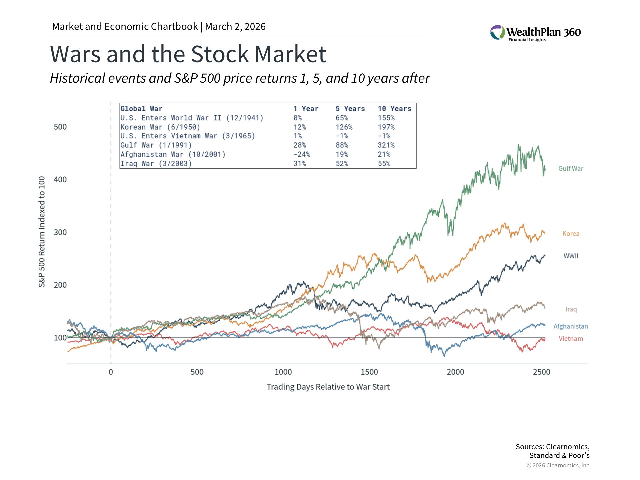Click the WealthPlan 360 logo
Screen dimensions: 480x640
click(x=535, y=33)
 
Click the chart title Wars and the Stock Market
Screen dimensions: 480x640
click(x=188, y=54)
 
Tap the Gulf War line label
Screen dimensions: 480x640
click(x=571, y=169)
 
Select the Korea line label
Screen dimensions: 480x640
click(x=571, y=234)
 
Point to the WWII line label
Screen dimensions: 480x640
click(x=571, y=256)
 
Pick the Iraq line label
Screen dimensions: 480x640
click(x=571, y=309)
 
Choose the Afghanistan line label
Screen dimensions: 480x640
click(x=570, y=326)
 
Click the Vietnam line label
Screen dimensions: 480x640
click(x=571, y=339)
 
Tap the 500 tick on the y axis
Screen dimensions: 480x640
click(x=60, y=127)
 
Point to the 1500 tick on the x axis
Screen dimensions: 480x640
click(x=369, y=372)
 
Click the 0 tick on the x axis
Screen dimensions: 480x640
click(x=111, y=372)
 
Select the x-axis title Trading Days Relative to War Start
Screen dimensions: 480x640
click(x=328, y=387)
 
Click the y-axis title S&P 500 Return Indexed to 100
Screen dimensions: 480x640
click(x=42, y=232)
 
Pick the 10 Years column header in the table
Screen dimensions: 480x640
click(x=394, y=109)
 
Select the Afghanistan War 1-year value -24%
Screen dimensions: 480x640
click(x=302, y=154)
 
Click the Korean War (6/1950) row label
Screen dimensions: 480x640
click(x=160, y=127)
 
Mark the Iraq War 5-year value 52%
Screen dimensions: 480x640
click(x=342, y=164)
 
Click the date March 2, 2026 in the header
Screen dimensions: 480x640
click(x=235, y=27)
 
